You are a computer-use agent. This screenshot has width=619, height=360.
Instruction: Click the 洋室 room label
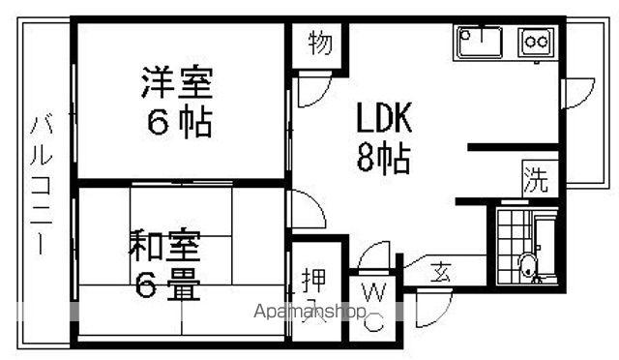177,82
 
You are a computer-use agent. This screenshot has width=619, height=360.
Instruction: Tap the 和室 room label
164,245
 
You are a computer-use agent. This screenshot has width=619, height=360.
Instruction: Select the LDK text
384,117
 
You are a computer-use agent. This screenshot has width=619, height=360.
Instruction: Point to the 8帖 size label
383,158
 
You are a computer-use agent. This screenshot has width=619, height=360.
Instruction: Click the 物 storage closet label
320,43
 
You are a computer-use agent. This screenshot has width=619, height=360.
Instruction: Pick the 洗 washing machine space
536,180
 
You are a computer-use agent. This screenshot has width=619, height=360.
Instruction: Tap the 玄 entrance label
440,272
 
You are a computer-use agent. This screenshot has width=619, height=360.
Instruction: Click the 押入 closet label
314,293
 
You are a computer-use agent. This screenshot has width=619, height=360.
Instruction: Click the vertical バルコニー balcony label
42,185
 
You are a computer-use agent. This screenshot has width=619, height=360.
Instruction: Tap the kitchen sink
480,41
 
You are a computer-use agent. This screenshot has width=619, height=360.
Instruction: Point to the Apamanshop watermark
309,312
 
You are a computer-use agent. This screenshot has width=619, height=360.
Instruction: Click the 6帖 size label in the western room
180,122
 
